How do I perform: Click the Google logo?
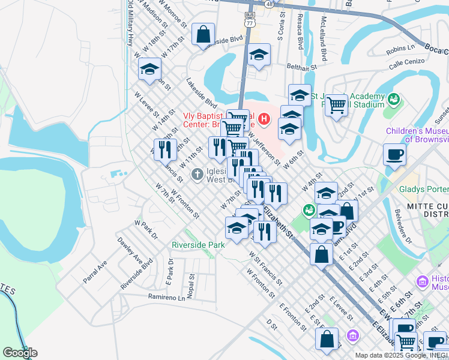point(20,353)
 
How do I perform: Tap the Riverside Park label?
point(198,245)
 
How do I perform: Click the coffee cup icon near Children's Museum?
point(394,154)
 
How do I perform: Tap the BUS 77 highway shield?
point(250,18)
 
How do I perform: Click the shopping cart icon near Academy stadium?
point(337,105)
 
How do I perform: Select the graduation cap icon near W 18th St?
point(149,69)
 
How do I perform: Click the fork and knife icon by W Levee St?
point(165,149)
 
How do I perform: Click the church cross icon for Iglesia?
point(197,175)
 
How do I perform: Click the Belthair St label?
point(301,67)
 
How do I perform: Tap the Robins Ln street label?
point(402,47)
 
